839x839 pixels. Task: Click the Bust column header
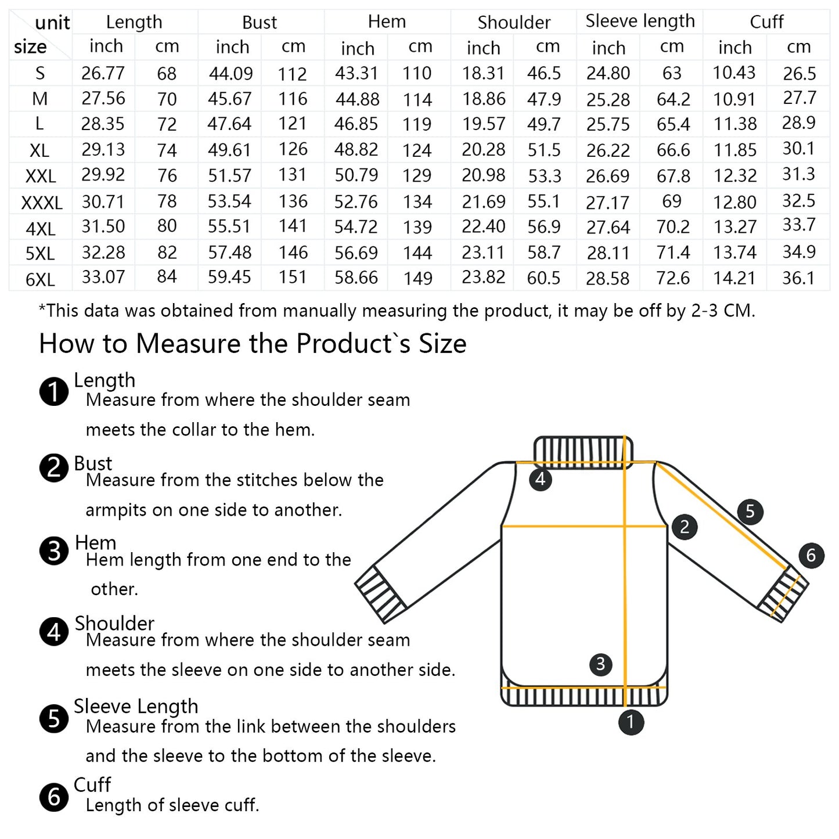pos(260,22)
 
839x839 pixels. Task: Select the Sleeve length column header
pos(640,21)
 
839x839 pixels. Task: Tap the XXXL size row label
pos(42,203)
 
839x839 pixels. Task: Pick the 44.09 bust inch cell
pos(231,73)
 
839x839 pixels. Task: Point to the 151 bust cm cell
pos(293,277)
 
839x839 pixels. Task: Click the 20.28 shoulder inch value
pos(484,149)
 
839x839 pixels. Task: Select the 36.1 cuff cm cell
pos(798,278)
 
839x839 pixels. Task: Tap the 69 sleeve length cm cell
pos(671,201)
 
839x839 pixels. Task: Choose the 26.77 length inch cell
pos(103,73)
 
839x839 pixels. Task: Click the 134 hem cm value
pos(417,201)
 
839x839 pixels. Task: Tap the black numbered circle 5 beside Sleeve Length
pos(54,718)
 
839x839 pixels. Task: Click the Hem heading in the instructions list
pos(95,542)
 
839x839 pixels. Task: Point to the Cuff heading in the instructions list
pos(92,784)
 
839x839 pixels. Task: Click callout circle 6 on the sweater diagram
pos(811,555)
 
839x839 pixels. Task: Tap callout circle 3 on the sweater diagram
pos(600,664)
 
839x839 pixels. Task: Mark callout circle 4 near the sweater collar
pos(541,479)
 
